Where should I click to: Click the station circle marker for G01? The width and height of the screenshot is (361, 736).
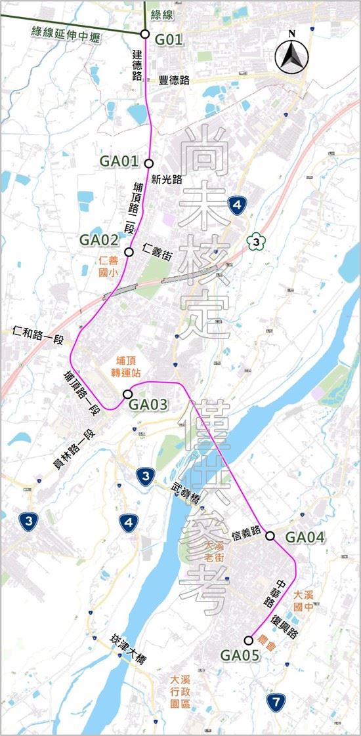point(145,33)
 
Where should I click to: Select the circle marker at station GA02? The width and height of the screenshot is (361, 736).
point(129,251)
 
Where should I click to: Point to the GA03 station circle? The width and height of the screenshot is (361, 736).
point(127,394)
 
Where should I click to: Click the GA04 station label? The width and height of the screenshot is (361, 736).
point(305,537)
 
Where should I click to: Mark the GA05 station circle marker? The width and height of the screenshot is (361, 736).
point(248,640)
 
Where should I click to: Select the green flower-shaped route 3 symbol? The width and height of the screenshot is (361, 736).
point(255,242)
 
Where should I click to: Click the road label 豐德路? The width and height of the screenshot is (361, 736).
point(175,80)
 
